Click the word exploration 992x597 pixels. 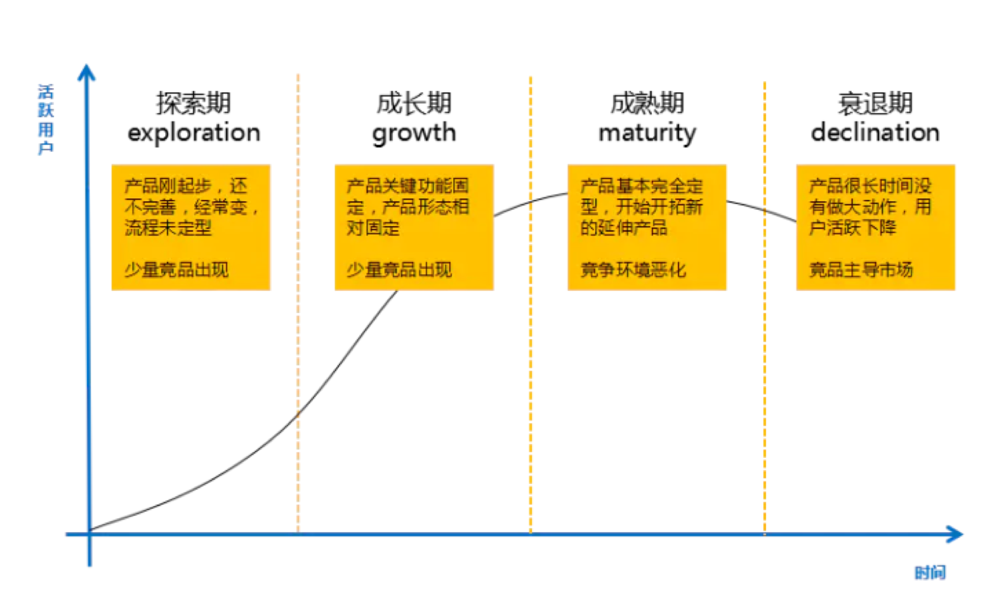(x=194, y=133)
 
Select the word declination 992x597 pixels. (x=875, y=132)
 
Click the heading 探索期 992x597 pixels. (x=194, y=104)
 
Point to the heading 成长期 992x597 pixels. (x=414, y=104)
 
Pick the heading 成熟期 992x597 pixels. (x=647, y=104)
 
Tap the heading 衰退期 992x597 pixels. (x=875, y=104)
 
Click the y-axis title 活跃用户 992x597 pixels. (x=46, y=119)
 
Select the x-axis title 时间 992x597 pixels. (x=930, y=573)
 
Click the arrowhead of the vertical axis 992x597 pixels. (x=87, y=72)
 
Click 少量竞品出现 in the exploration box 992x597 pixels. (x=176, y=269)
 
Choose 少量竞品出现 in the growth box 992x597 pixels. (x=399, y=269)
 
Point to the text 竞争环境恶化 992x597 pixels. (x=633, y=269)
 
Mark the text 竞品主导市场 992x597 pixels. (x=861, y=269)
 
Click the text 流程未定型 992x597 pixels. (x=168, y=228)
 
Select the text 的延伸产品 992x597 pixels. (x=624, y=228)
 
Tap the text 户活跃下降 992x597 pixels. (x=852, y=228)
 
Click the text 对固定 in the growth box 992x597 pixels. (x=373, y=228)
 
